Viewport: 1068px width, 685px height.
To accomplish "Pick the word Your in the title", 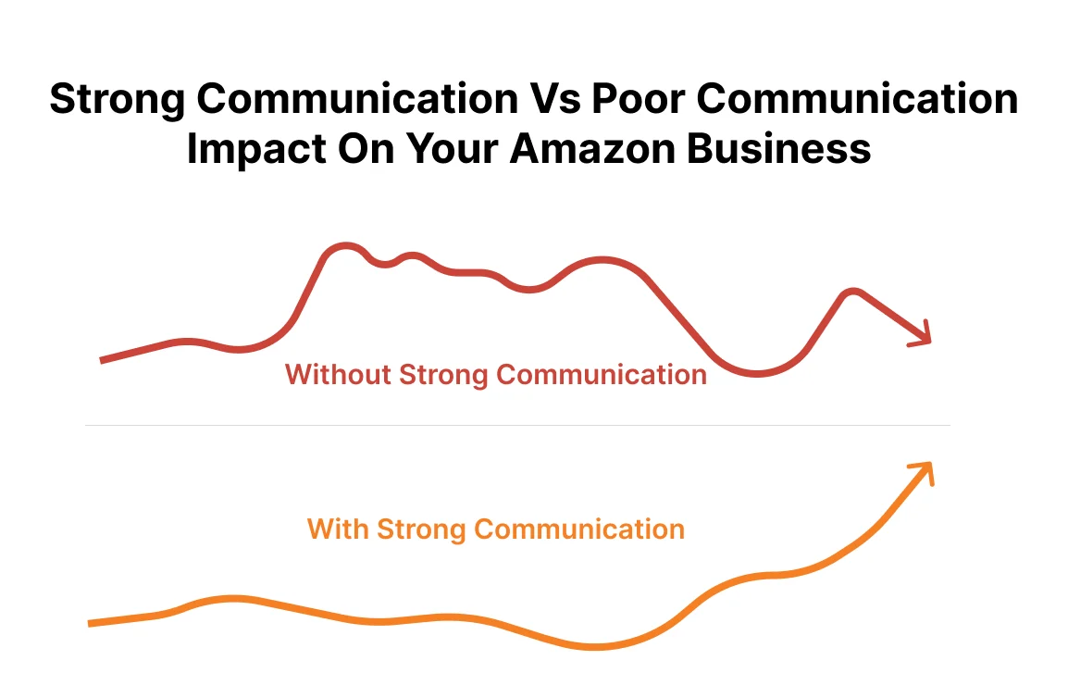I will [x=449, y=148].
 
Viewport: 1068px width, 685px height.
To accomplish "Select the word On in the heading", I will [x=356, y=148].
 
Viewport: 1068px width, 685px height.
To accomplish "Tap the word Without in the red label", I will [x=338, y=375].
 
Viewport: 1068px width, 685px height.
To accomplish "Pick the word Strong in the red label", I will [x=444, y=375].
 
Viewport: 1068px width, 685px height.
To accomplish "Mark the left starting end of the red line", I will [x=102, y=359].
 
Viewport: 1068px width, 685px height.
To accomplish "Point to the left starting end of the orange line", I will [x=91, y=623].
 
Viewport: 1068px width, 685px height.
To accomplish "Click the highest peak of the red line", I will [x=344, y=246].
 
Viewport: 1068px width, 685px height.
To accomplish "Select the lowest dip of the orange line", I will [x=592, y=646].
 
